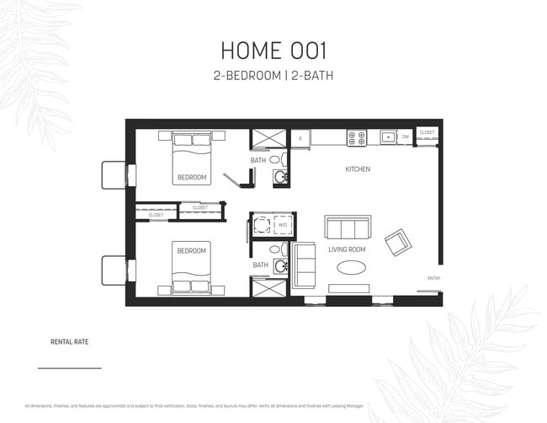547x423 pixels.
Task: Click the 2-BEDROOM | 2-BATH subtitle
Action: point(273,76)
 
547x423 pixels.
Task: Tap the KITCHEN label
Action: point(358,169)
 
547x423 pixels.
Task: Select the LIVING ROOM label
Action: point(346,249)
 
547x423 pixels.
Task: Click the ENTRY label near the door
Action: point(433,279)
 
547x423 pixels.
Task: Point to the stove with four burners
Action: point(356,136)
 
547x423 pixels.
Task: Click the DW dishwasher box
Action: point(405,136)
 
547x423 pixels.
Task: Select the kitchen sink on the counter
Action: point(387,136)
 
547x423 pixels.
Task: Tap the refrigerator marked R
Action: point(300,137)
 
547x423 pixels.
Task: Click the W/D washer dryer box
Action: point(281,225)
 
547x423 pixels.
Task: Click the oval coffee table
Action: point(352,268)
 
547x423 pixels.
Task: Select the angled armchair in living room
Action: point(397,244)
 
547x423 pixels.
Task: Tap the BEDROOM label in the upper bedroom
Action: point(191,178)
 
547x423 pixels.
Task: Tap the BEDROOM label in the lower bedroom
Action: point(191,250)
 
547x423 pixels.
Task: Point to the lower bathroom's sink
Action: point(281,267)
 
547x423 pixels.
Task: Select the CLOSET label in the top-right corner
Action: point(427,132)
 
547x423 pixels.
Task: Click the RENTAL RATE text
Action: point(70,343)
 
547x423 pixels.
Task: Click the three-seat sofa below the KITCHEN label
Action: point(348,228)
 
